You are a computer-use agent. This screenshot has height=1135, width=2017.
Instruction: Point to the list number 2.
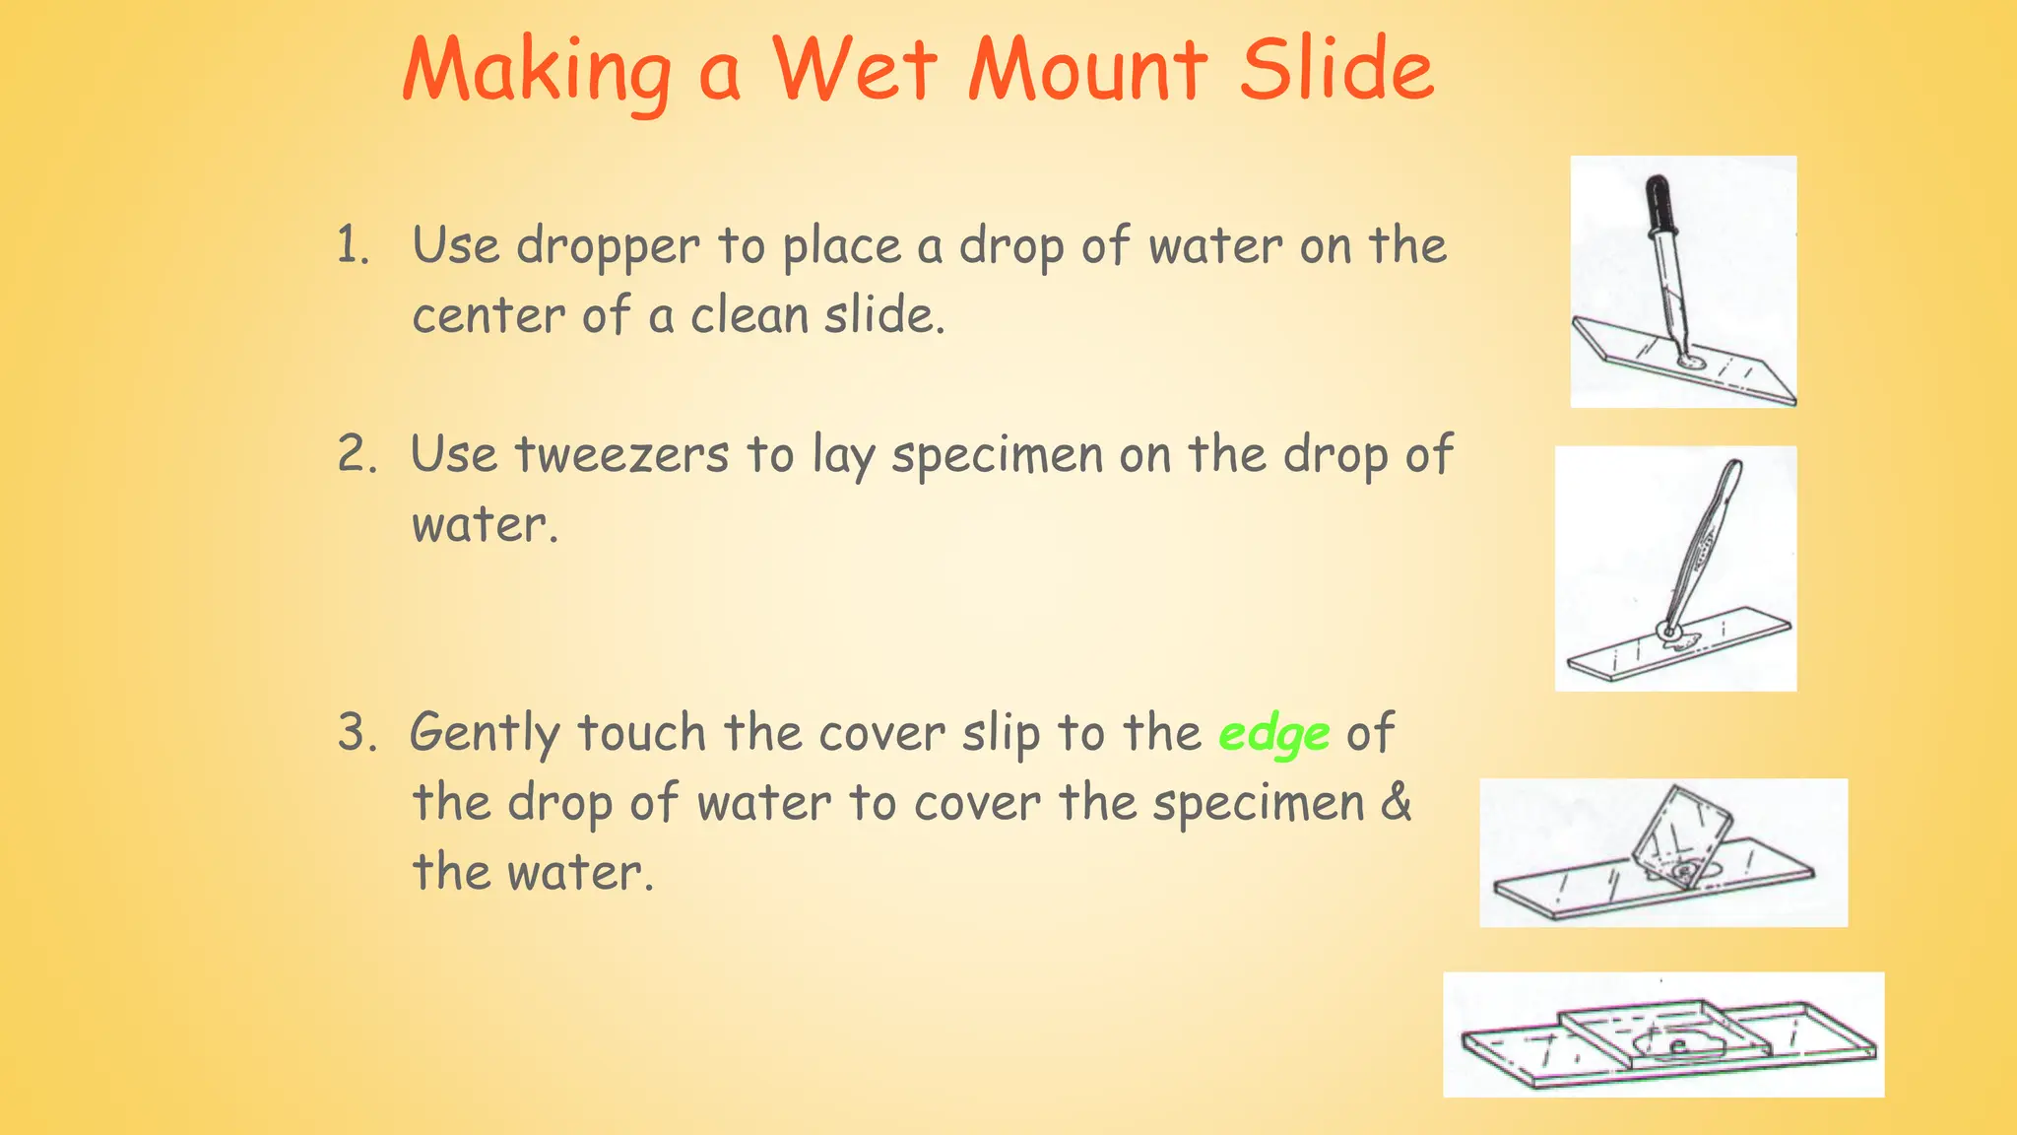356,454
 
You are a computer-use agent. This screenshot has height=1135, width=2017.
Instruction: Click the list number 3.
356,733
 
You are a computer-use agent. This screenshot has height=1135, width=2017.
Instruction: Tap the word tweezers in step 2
621,456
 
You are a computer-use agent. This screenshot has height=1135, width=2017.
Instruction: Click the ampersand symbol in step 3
1396,802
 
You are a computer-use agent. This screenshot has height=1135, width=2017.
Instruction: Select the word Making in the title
537,71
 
